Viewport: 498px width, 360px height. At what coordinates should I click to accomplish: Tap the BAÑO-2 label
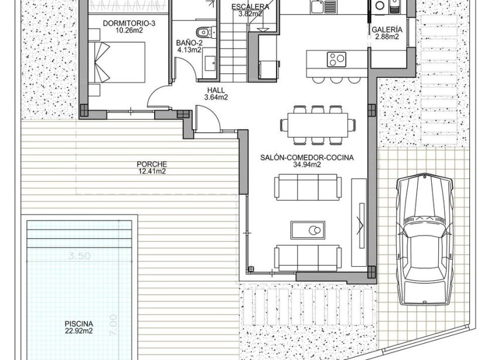click(189, 43)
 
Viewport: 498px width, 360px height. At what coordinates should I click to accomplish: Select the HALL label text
click(216, 90)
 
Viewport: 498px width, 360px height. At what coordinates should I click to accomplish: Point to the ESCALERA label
click(250, 7)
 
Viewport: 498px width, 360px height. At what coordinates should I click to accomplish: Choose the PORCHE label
click(152, 164)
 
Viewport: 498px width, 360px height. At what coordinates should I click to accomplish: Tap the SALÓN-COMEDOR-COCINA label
click(307, 158)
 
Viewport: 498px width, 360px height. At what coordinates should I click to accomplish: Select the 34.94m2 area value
click(307, 165)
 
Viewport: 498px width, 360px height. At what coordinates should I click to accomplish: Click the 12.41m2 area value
click(152, 172)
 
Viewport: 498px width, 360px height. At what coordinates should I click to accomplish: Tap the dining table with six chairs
click(318, 124)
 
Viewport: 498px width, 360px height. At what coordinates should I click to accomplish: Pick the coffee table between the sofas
click(308, 229)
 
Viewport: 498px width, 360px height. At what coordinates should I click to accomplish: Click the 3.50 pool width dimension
click(80, 256)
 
